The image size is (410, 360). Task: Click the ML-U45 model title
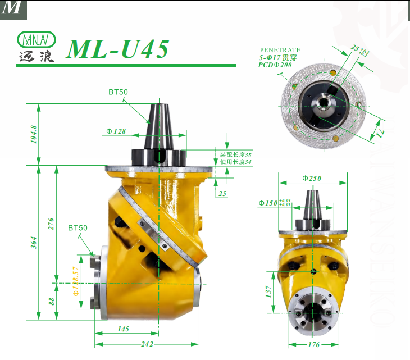117,49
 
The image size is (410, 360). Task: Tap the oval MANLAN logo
37,40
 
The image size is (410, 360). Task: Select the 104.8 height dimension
34,134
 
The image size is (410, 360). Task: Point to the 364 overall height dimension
34,243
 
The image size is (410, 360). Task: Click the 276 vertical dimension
51,224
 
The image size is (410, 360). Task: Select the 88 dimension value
51,301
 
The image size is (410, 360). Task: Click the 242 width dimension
147,344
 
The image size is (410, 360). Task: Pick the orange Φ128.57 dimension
76,281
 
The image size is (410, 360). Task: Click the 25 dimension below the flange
222,194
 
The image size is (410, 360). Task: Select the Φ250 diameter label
312,178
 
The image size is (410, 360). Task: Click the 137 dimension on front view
269,291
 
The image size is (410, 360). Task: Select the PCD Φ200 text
275,65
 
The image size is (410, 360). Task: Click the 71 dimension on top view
379,131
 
